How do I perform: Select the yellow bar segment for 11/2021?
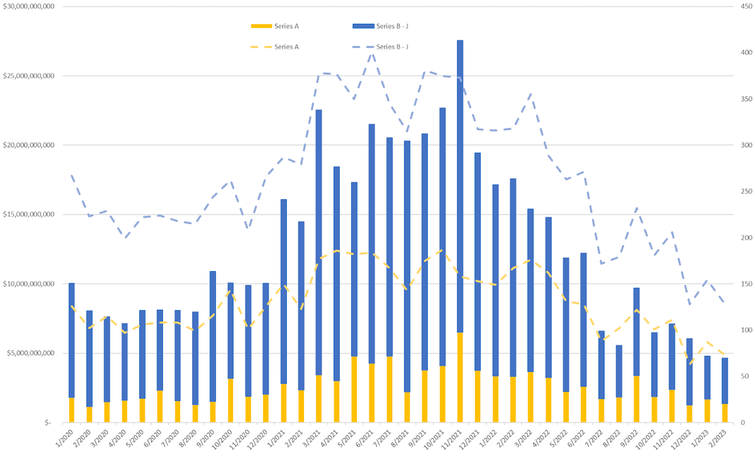(x=460, y=377)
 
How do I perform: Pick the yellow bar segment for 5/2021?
(x=354, y=389)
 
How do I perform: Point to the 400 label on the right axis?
(x=740, y=53)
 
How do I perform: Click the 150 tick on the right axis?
(x=740, y=284)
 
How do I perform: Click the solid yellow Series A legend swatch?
(x=261, y=26)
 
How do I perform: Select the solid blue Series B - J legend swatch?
(x=362, y=26)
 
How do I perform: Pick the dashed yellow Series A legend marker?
(x=261, y=46)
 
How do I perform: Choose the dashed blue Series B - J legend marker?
(x=362, y=46)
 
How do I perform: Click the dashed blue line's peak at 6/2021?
(x=372, y=53)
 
